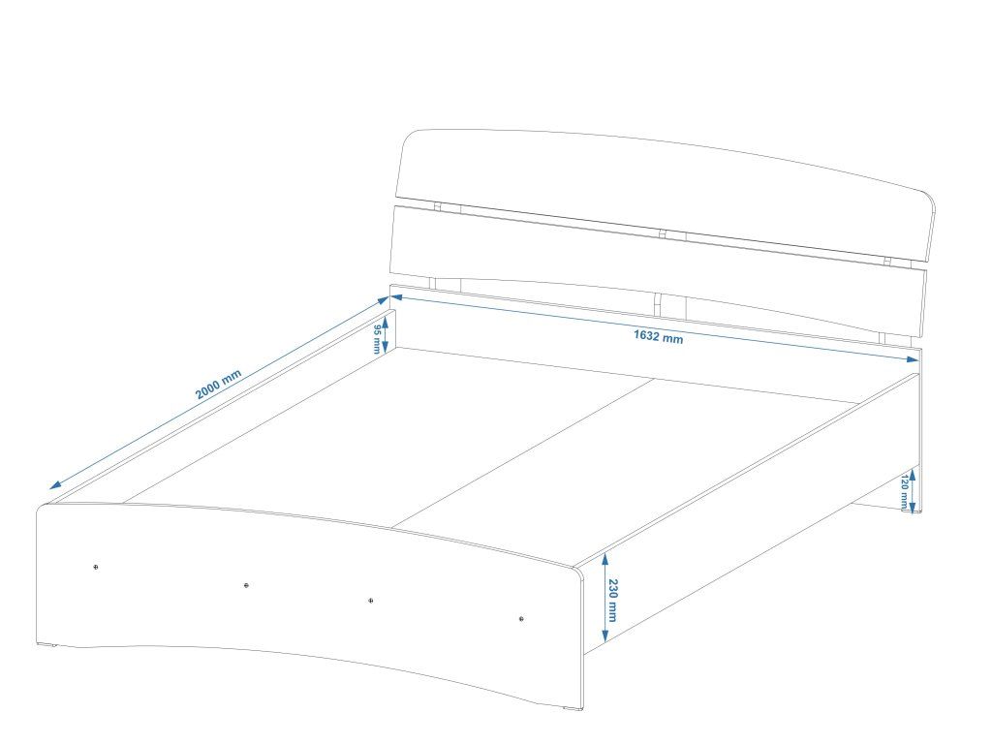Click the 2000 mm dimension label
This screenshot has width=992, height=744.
pos(218,385)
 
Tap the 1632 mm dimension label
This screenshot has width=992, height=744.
pos(658,337)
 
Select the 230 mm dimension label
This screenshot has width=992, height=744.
pos(613,598)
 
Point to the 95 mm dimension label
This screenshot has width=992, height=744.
pos(376,334)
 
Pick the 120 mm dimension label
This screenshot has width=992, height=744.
pos(904,490)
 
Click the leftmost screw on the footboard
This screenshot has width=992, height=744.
pos(95,567)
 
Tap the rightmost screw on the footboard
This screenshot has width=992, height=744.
pos(521,618)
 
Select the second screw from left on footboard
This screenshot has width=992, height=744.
pos(246,585)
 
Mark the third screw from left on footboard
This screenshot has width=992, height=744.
pos(371,601)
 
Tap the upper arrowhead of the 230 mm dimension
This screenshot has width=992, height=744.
pos(604,557)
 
